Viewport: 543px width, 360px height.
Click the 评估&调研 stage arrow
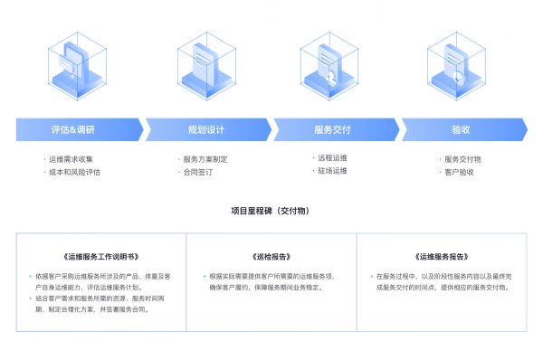74,129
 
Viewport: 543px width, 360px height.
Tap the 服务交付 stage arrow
333,129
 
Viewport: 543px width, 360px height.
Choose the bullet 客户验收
459,171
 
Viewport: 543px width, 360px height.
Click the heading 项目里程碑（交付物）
271,211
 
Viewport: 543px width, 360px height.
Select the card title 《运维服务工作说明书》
101,257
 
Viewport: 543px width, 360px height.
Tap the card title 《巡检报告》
271,257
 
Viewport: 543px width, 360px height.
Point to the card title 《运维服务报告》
442,257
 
